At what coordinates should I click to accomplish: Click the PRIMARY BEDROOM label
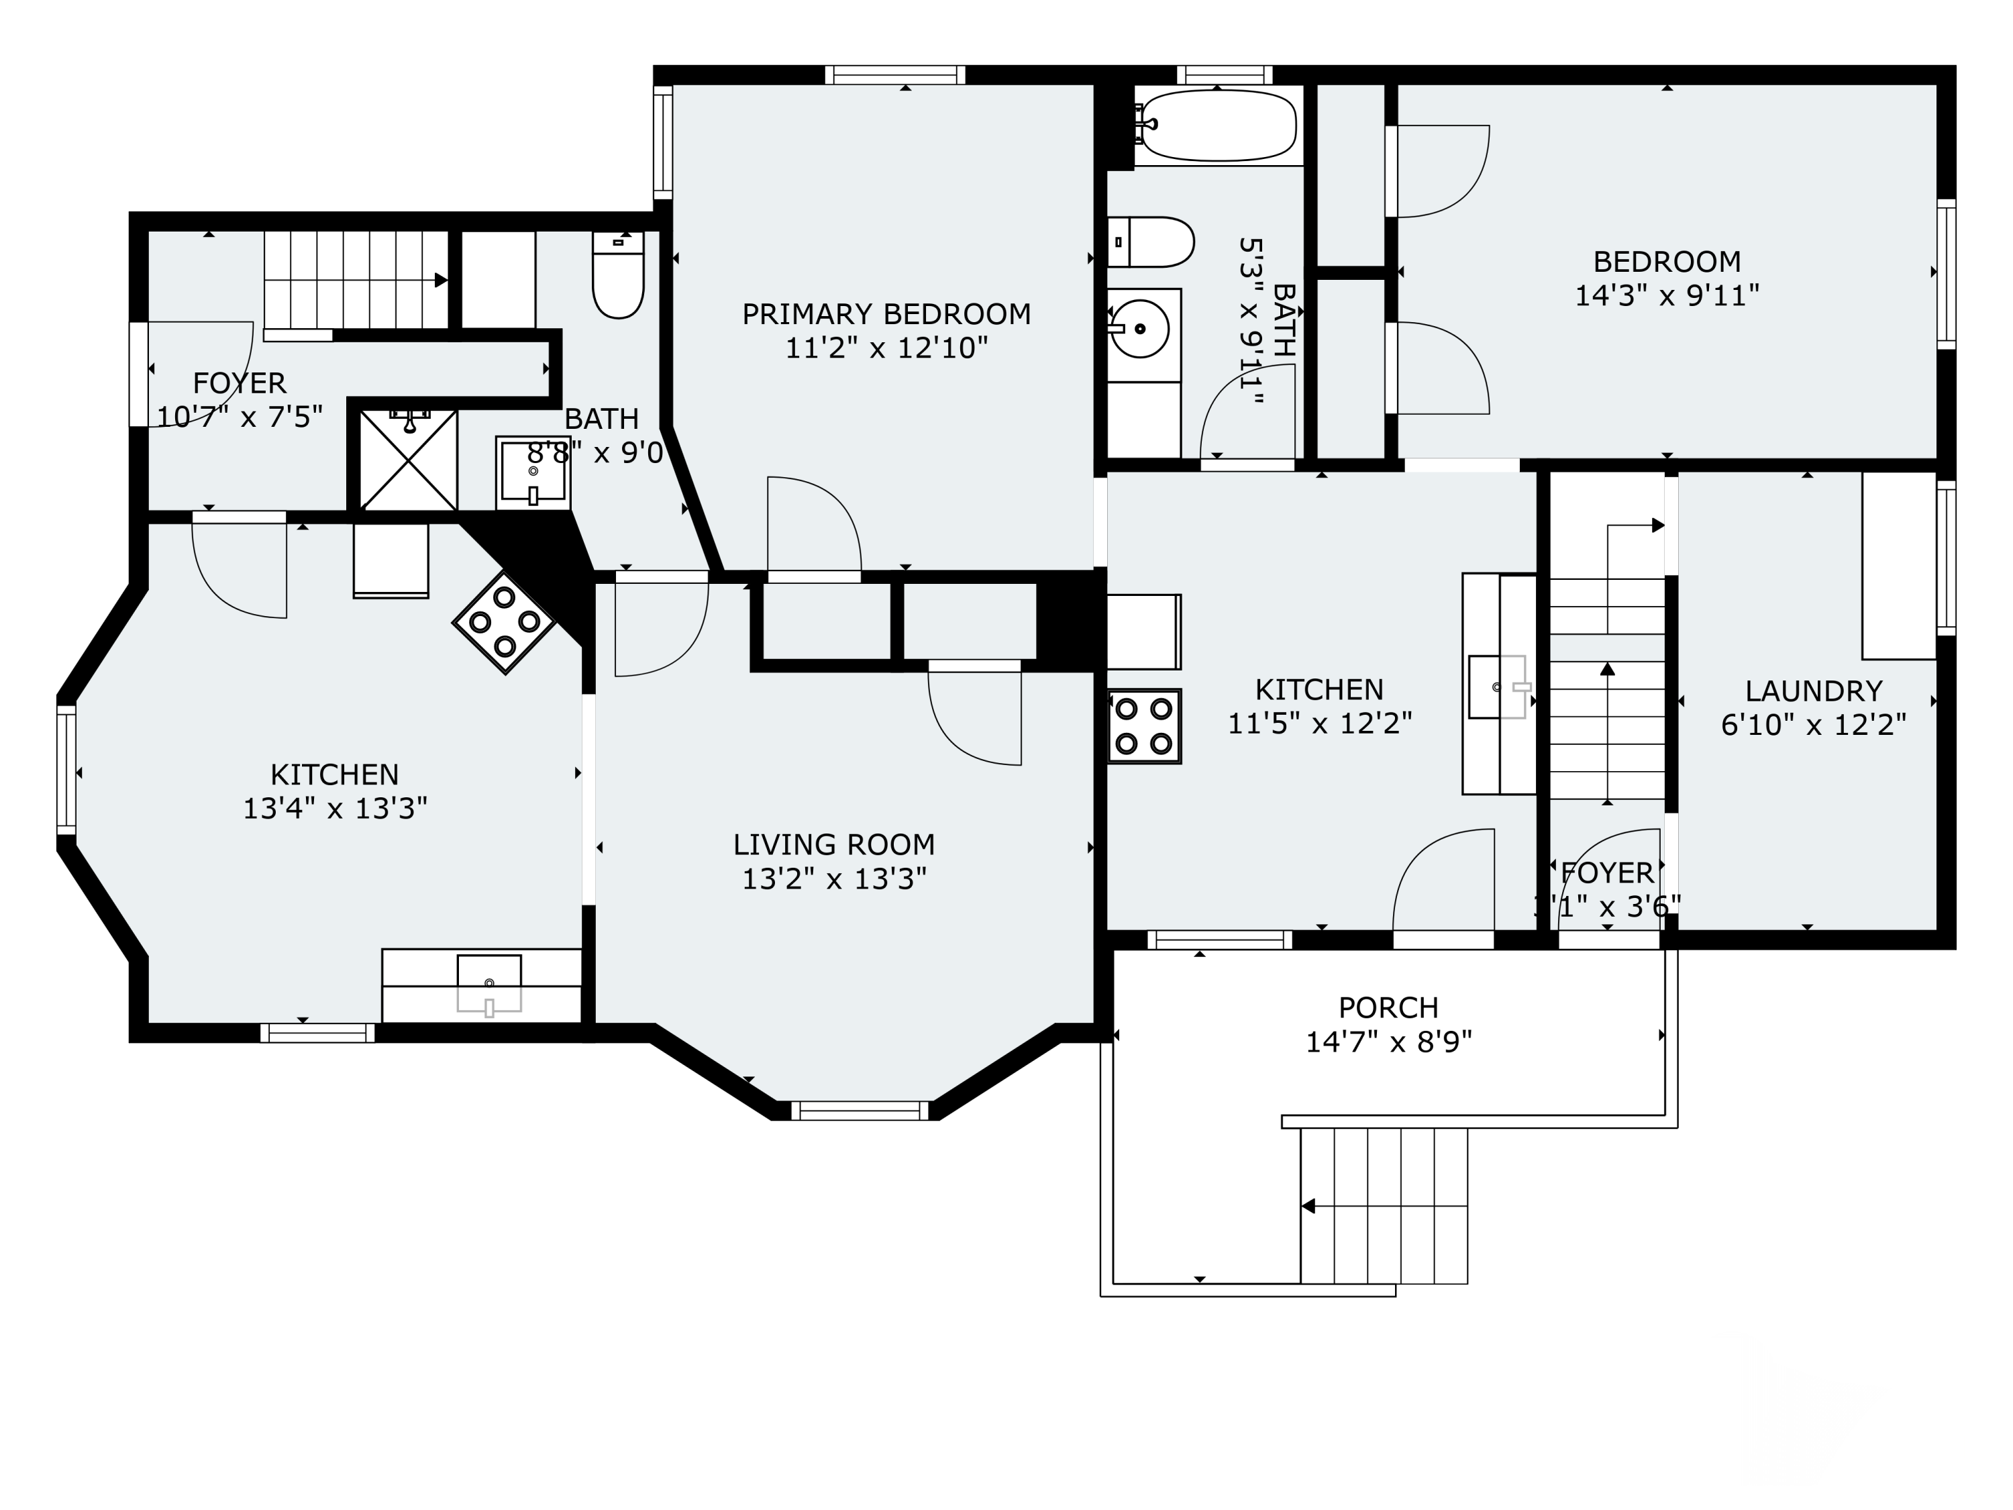[x=886, y=314]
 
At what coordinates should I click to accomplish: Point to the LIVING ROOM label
[x=833, y=845]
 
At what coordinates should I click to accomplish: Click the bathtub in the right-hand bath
[x=1218, y=125]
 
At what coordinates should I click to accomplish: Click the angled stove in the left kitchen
[x=504, y=623]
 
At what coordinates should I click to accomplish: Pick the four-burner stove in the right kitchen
[x=1144, y=726]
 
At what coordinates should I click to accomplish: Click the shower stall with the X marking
[x=409, y=460]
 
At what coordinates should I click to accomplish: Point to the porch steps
[x=1383, y=1206]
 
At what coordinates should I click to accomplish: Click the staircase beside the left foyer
[x=355, y=279]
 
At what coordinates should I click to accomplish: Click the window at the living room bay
[x=859, y=1111]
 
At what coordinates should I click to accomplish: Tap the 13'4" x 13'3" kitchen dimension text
[x=335, y=808]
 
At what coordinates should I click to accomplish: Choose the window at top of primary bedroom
[x=894, y=74]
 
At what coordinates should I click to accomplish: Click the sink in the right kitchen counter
[x=1498, y=687]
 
